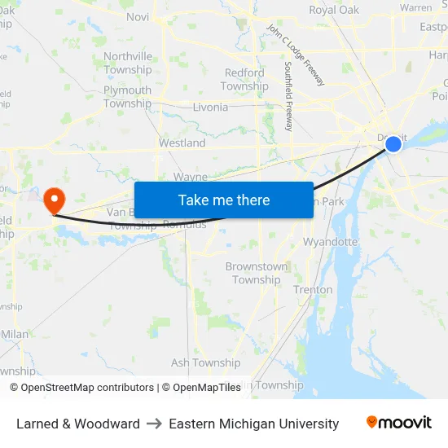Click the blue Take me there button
click(x=224, y=200)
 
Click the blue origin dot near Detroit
click(x=393, y=144)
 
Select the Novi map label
click(x=138, y=16)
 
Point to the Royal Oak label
click(x=333, y=11)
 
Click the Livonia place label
click(x=210, y=107)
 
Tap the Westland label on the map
click(x=182, y=143)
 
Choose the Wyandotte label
click(x=330, y=242)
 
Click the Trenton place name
click(x=313, y=289)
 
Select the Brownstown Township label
click(x=257, y=273)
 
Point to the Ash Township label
click(x=205, y=362)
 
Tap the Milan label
click(x=15, y=334)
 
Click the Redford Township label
click(x=244, y=79)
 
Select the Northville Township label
click(x=128, y=63)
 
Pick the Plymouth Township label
click(x=127, y=97)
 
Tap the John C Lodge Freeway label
click(x=295, y=55)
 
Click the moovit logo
click(x=399, y=423)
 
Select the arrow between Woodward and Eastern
click(x=154, y=424)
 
